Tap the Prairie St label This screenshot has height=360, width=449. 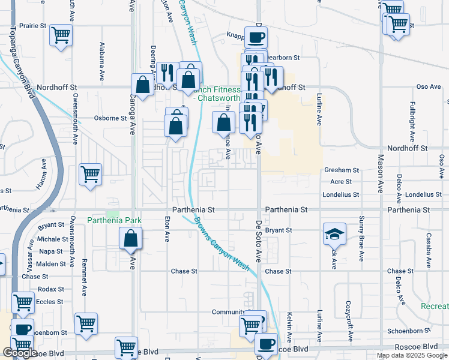pyautogui.click(x=33, y=26)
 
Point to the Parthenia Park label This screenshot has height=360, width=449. pyautogui.click(x=114, y=220)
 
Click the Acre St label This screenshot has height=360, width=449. pyautogui.click(x=341, y=181)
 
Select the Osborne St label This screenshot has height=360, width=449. pyautogui.click(x=110, y=118)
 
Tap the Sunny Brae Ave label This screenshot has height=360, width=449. pyautogui.click(x=361, y=238)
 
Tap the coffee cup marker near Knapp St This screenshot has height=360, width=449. pyautogui.click(x=256, y=38)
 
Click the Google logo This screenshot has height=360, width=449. pyautogui.click(x=20, y=353)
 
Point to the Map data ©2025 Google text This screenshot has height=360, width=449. pyautogui.click(x=412, y=355)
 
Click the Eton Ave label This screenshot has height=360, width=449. pyautogui.click(x=167, y=229)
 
